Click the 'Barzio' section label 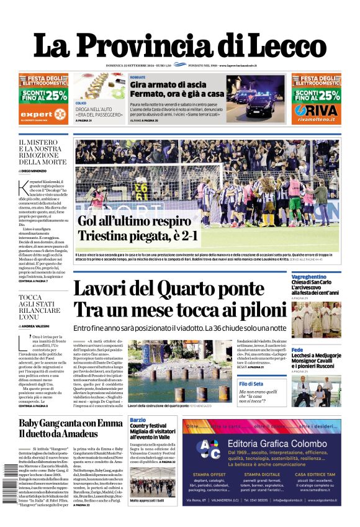(x=138, y=420)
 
